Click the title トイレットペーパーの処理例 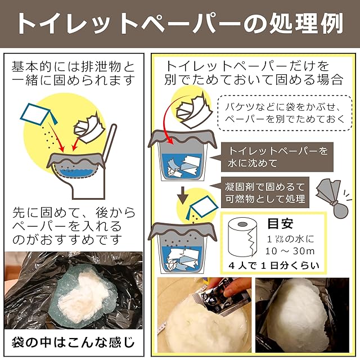180,24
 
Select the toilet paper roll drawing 242,237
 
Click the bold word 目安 280,223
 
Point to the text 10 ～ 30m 290,251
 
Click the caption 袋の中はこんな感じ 73,343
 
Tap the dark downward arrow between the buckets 183,195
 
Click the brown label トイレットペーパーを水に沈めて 277,157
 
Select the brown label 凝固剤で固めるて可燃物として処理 265,192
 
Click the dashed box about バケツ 285,113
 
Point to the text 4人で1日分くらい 274,265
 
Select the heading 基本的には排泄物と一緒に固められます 73,74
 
